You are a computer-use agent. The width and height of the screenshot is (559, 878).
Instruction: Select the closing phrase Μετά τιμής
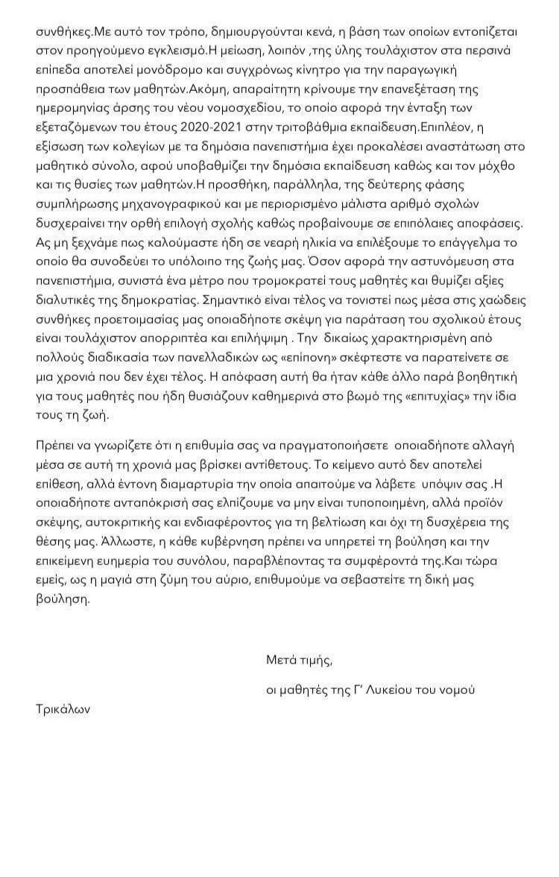click(299, 660)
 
